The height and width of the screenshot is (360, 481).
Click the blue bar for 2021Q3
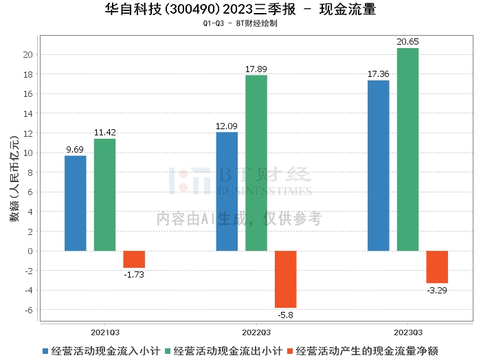pos(76,203)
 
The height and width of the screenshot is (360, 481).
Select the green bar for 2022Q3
pos(256,163)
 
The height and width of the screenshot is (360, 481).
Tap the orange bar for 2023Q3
pos(437,267)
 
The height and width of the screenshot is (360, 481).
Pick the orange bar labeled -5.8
pos(286,279)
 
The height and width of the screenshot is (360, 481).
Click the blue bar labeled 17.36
pos(378,166)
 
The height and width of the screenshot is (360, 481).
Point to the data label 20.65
pos(407,42)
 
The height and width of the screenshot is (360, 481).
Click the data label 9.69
pos(75,150)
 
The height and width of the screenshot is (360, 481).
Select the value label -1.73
pos(134,274)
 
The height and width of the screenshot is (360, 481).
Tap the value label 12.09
pos(227,126)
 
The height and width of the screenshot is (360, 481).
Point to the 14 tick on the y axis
pos(28,114)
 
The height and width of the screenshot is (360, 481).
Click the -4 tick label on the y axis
pos(29,291)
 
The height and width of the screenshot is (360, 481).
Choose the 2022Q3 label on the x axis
pos(256,333)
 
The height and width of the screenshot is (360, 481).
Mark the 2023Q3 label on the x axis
pos(408,333)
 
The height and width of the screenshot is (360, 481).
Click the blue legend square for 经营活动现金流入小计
pos(45,351)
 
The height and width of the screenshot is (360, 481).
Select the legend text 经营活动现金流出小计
pos(227,351)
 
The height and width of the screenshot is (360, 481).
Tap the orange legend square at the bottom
pos(290,351)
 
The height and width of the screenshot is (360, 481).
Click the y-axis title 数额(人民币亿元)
pos(14,179)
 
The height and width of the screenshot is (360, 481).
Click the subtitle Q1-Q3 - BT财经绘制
pos(240,23)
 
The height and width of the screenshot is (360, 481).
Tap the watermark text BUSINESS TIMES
pos(265,191)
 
